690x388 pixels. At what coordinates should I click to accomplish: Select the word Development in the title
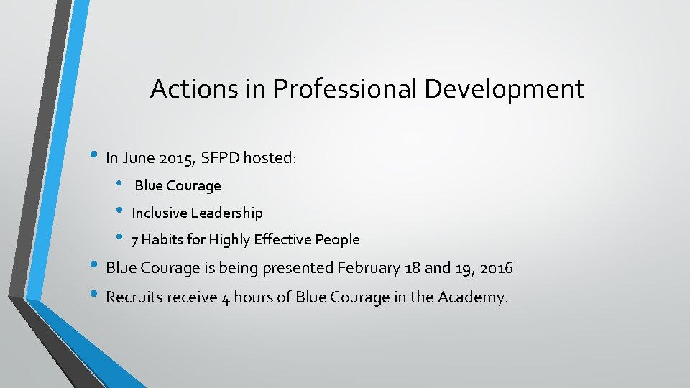pyautogui.click(x=505, y=89)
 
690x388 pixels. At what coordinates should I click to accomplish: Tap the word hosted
pyautogui.click(x=269, y=158)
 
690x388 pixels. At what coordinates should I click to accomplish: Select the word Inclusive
pyautogui.click(x=159, y=213)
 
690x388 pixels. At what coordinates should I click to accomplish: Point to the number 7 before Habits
pyautogui.click(x=135, y=240)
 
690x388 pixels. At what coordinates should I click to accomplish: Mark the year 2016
pyautogui.click(x=496, y=269)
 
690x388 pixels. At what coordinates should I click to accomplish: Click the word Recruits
pyautogui.click(x=134, y=297)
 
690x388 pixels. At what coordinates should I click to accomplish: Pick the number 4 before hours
pyautogui.click(x=226, y=299)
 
